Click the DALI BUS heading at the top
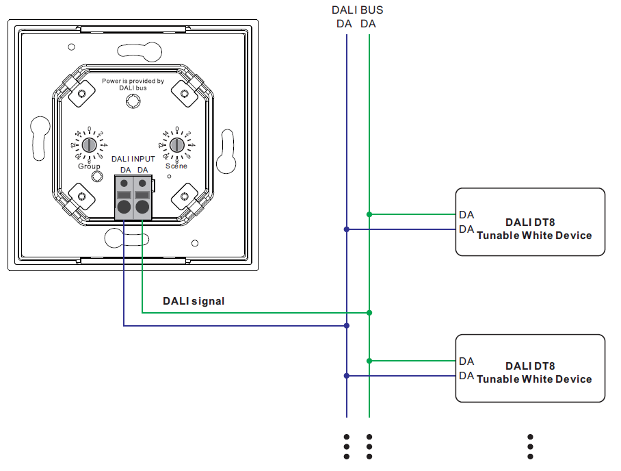(x=357, y=10)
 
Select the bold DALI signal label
(x=194, y=301)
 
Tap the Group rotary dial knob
(x=89, y=145)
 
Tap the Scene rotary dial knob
(x=176, y=145)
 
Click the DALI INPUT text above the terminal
(x=133, y=159)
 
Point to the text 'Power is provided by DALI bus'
(x=133, y=84)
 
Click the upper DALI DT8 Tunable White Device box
(x=530, y=222)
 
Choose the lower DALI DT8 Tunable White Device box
(x=530, y=368)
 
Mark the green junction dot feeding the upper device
(x=369, y=214)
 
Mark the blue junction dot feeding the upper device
(x=347, y=229)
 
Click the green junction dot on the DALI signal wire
(x=369, y=312)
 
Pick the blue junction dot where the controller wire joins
(x=347, y=326)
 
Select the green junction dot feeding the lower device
(x=369, y=360)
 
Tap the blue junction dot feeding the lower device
(x=347, y=375)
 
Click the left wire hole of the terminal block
(x=124, y=207)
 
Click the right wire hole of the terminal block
(x=142, y=207)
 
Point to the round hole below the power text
(x=133, y=101)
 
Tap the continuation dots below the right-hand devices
(x=530, y=446)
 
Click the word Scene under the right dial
(x=176, y=166)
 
